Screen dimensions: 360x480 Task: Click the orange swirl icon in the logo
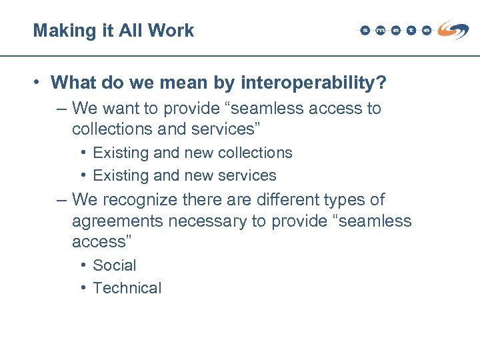tap(453, 30)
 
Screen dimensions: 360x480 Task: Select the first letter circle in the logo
tap(365, 30)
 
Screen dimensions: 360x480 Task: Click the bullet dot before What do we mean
tap(39, 82)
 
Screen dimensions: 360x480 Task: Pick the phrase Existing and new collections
tap(193, 153)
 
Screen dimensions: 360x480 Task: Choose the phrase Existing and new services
tap(185, 175)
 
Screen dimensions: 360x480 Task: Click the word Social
tap(115, 265)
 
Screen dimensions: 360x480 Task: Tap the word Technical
tap(127, 288)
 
